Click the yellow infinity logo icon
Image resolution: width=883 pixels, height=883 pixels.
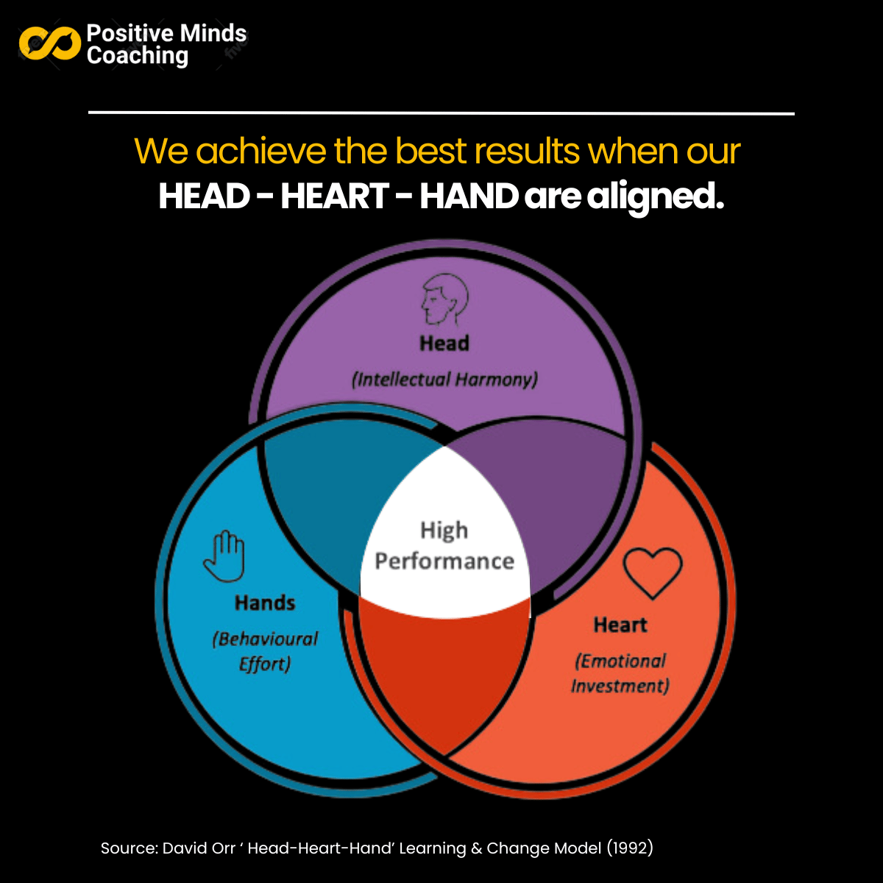tap(49, 43)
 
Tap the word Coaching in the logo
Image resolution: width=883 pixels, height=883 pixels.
tap(138, 56)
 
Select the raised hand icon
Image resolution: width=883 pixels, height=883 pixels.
tap(224, 556)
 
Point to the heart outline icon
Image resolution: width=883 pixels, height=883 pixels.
tap(653, 572)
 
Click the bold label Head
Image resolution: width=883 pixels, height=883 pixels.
tap(444, 344)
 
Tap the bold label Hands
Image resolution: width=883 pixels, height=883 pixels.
tap(265, 603)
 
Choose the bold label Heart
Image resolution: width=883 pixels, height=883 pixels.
tap(620, 625)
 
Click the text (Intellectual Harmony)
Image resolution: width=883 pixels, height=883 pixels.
tap(444, 380)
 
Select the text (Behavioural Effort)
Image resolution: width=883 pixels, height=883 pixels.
tap(265, 651)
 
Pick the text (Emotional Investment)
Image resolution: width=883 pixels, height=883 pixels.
tap(620, 673)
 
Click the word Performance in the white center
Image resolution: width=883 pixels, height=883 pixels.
tap(444, 561)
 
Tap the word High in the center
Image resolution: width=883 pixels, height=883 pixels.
tap(444, 531)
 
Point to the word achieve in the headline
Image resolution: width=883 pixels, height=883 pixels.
tap(261, 152)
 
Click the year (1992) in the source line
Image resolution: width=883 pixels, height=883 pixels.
tap(630, 848)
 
